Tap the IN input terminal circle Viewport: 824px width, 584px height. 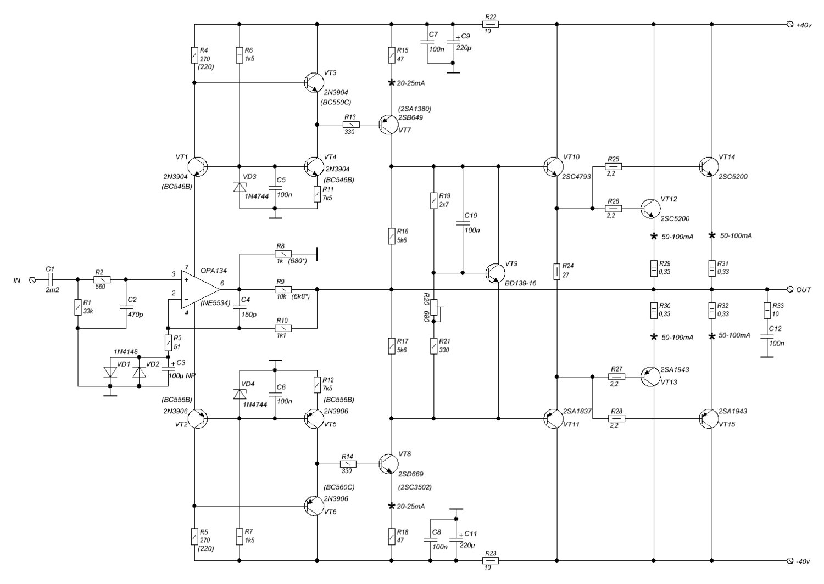[31, 280]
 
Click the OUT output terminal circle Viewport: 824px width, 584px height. [790, 289]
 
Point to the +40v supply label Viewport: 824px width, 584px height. [804, 25]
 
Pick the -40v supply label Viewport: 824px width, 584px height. [804, 561]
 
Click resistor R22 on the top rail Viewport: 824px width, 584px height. [490, 24]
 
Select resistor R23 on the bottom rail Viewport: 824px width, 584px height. [490, 561]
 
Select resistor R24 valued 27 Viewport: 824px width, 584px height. [557, 271]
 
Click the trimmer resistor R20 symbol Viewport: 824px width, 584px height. [434, 308]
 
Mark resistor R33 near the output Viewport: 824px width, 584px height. [767, 311]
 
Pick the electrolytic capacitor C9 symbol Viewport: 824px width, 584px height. [452, 42]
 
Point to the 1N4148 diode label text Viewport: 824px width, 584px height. [126, 351]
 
